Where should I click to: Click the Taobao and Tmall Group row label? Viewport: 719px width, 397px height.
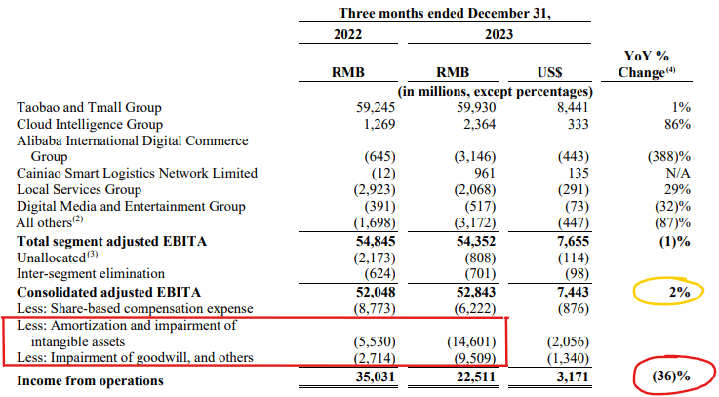(x=89, y=107)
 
